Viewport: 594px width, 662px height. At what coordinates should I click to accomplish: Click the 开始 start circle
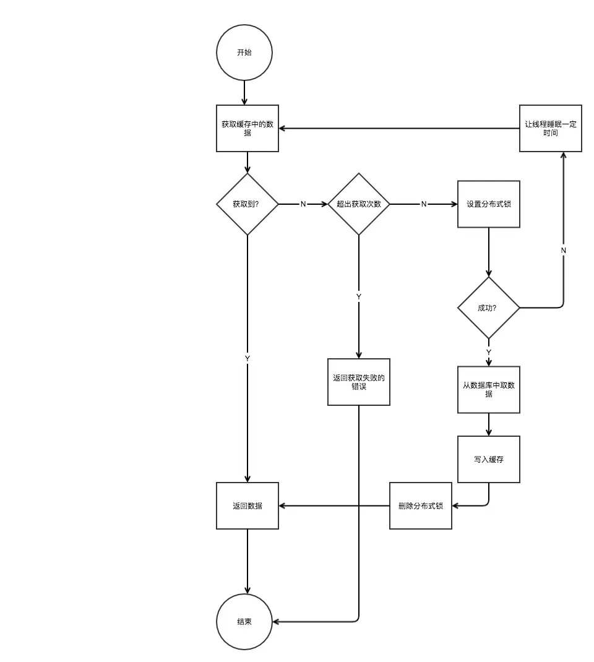pyautogui.click(x=244, y=53)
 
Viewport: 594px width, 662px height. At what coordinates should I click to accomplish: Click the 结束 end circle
pyautogui.click(x=244, y=622)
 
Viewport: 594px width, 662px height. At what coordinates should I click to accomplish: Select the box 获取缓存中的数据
pyautogui.click(x=247, y=128)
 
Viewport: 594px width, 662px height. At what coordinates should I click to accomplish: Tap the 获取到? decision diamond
pyautogui.click(x=247, y=204)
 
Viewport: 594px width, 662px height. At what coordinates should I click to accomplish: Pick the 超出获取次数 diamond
pyautogui.click(x=359, y=204)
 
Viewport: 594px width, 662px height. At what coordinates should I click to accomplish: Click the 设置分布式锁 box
pyautogui.click(x=489, y=204)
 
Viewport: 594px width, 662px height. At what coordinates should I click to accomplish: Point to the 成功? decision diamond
pyautogui.click(x=488, y=307)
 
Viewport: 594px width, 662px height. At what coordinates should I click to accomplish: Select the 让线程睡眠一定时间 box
pyautogui.click(x=550, y=128)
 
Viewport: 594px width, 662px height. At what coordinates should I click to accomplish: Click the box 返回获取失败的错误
pyautogui.click(x=359, y=382)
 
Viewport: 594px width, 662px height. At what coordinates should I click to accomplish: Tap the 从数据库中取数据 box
pyautogui.click(x=489, y=389)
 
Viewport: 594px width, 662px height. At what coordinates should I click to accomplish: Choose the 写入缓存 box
pyautogui.click(x=489, y=459)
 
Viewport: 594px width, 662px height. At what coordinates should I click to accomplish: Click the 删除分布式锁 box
pyautogui.click(x=421, y=505)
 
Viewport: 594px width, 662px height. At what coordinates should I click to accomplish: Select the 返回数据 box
pyautogui.click(x=247, y=505)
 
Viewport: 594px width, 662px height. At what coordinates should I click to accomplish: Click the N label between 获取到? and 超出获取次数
pyautogui.click(x=303, y=204)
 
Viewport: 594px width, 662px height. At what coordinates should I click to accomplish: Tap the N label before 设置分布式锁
pyautogui.click(x=424, y=204)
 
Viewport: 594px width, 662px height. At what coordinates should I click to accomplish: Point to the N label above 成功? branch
pyautogui.click(x=563, y=250)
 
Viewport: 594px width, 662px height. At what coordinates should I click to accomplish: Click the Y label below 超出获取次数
pyautogui.click(x=359, y=297)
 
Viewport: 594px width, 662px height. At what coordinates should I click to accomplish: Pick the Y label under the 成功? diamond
pyautogui.click(x=489, y=352)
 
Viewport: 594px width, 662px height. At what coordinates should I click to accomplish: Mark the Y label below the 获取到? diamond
pyautogui.click(x=247, y=358)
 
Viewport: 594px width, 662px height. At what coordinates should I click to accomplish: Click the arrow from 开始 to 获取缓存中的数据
pyautogui.click(x=244, y=93)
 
